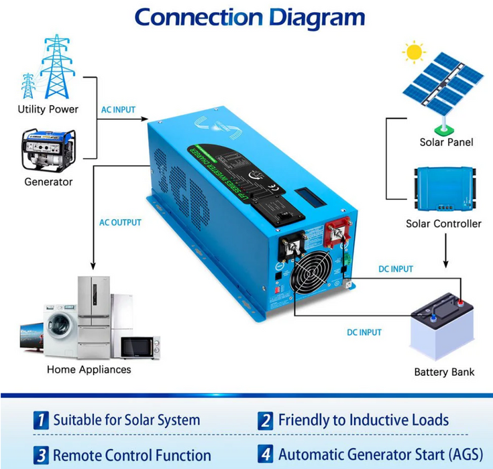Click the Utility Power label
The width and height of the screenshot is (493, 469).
pos(48,109)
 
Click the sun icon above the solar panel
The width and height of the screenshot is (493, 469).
pos(414,52)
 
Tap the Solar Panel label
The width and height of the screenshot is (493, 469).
pos(446,142)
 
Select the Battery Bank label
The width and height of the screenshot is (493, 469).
pos(444,373)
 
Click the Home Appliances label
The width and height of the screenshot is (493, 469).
pos(89,369)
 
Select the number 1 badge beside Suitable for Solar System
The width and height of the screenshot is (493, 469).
pos(42,421)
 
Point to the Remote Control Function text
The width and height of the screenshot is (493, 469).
pos(132,455)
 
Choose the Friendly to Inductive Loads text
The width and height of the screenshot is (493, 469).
pos(364,421)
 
